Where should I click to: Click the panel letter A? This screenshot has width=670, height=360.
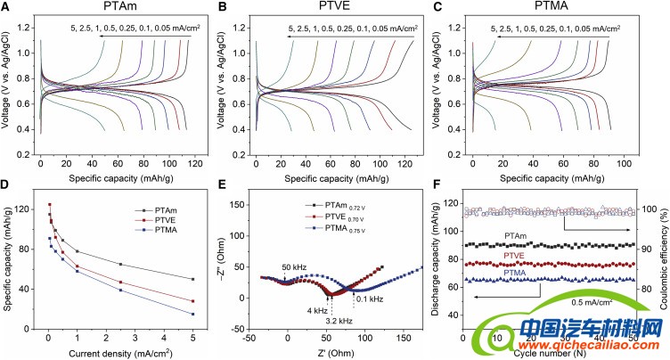pos(7,10)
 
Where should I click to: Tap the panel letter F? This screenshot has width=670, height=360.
pos(438,188)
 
